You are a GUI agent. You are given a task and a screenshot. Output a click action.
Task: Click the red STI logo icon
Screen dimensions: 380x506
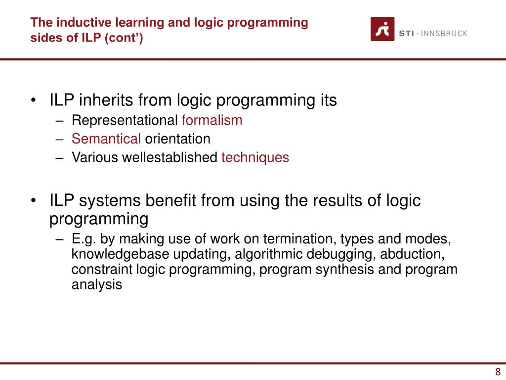(x=382, y=29)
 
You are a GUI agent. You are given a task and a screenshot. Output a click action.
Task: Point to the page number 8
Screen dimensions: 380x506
(x=498, y=373)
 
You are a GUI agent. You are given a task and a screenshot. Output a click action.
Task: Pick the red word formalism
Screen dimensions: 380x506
(x=212, y=120)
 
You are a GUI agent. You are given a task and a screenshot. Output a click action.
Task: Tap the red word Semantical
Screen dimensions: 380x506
(x=106, y=139)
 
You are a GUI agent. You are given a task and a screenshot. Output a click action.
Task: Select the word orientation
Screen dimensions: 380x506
(x=177, y=139)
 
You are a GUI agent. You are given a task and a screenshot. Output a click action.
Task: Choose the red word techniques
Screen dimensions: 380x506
(x=255, y=158)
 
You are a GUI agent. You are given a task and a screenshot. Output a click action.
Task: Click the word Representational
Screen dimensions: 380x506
(x=125, y=120)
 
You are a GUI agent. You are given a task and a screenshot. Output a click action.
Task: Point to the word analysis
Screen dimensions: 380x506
(x=96, y=285)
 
